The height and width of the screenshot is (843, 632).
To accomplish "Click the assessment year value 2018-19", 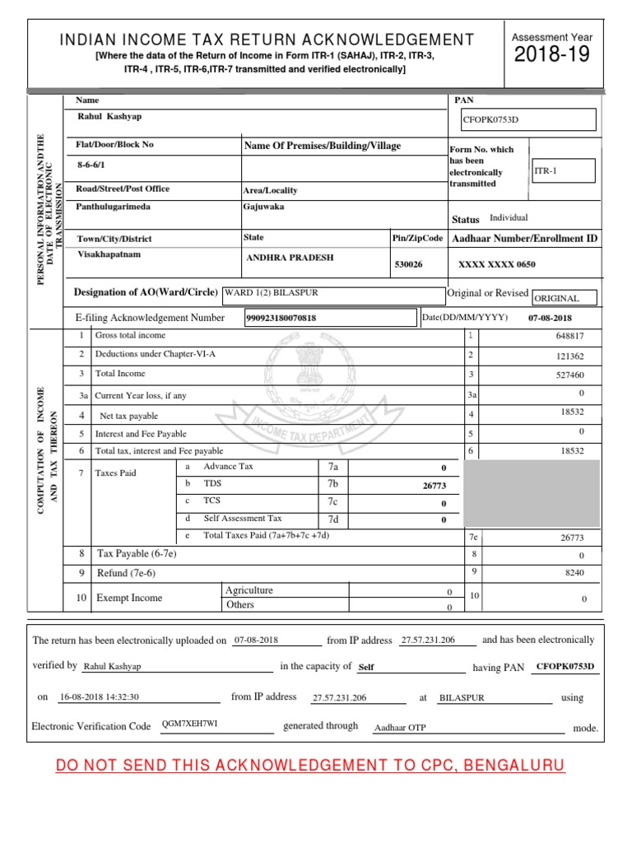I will (551, 55).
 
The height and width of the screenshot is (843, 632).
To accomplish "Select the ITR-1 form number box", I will (564, 170).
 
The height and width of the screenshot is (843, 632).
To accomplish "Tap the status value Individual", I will (509, 218).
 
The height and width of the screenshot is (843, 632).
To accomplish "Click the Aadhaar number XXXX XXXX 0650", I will (496, 264).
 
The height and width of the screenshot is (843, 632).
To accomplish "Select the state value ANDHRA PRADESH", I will (290, 258).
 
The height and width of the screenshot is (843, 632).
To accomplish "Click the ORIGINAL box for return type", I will (565, 298).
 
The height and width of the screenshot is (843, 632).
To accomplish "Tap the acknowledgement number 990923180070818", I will (281, 318).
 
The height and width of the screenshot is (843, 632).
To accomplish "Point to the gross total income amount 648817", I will (569, 336).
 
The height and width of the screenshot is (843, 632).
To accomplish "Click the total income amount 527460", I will (569, 375).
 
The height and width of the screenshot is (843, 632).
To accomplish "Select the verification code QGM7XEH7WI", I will (190, 724).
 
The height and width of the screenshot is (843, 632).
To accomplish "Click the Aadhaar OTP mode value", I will (401, 728).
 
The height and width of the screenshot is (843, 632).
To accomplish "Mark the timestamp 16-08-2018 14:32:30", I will (100, 696).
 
